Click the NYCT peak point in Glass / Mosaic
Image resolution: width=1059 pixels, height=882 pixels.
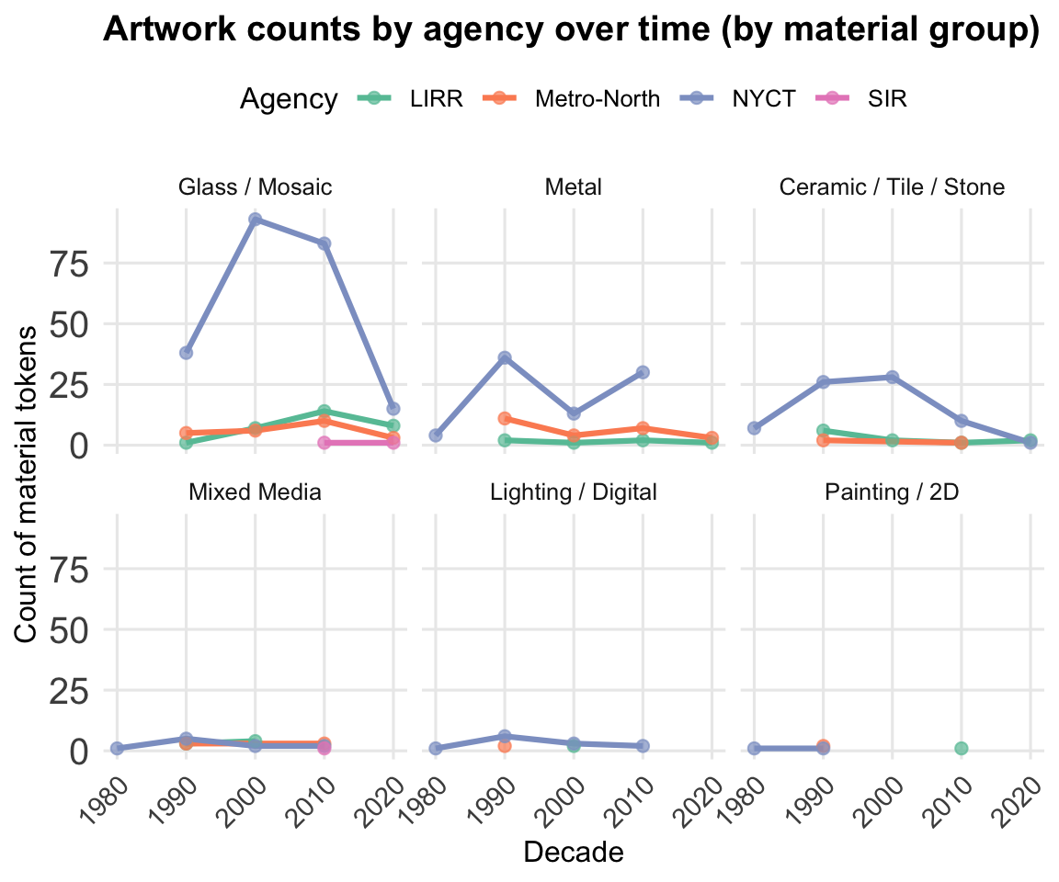click(x=255, y=220)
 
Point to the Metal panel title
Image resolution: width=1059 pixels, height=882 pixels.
click(x=573, y=187)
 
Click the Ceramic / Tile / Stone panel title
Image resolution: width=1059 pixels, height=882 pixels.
click(x=891, y=187)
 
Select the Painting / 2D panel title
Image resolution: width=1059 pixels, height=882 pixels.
click(x=891, y=492)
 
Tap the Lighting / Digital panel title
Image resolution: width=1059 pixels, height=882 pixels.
click(x=573, y=492)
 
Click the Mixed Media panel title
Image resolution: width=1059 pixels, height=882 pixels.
click(x=255, y=492)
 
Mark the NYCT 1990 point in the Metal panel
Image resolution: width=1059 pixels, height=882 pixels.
click(x=505, y=357)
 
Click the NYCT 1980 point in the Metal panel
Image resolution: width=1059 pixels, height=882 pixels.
click(x=436, y=435)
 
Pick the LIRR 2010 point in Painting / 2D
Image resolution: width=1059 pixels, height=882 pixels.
click(x=961, y=748)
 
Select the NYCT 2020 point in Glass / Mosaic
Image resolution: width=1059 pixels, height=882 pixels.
click(x=393, y=408)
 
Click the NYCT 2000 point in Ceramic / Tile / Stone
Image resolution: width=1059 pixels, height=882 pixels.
click(x=892, y=377)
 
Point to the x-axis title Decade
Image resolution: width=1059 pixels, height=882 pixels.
click(x=573, y=853)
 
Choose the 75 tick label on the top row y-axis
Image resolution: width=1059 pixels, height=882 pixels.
click(x=69, y=264)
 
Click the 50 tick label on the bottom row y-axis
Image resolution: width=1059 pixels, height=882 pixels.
click(x=69, y=629)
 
